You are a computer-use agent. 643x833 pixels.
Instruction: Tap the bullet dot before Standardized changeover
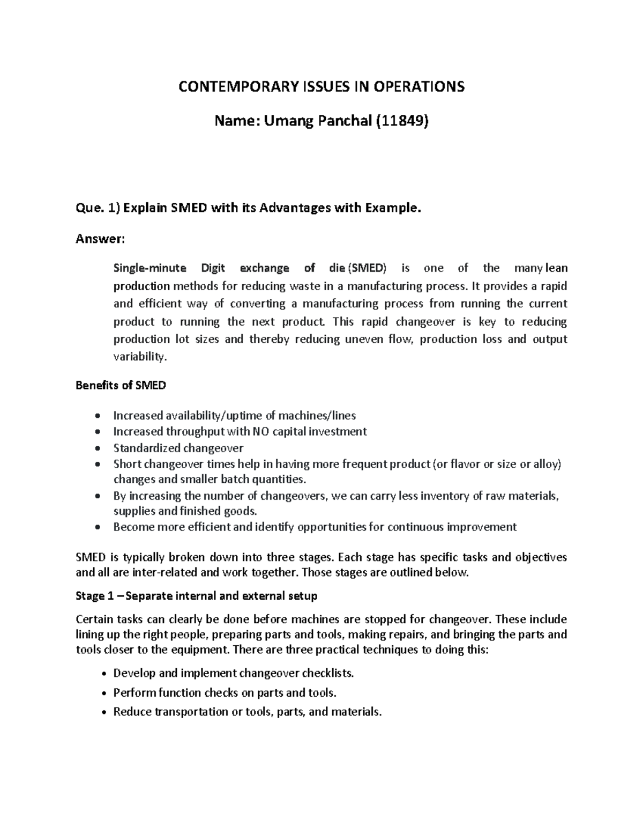click(96, 448)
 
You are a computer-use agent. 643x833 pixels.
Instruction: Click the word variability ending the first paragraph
click(140, 357)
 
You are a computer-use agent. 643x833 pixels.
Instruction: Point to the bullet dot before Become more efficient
click(96, 527)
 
